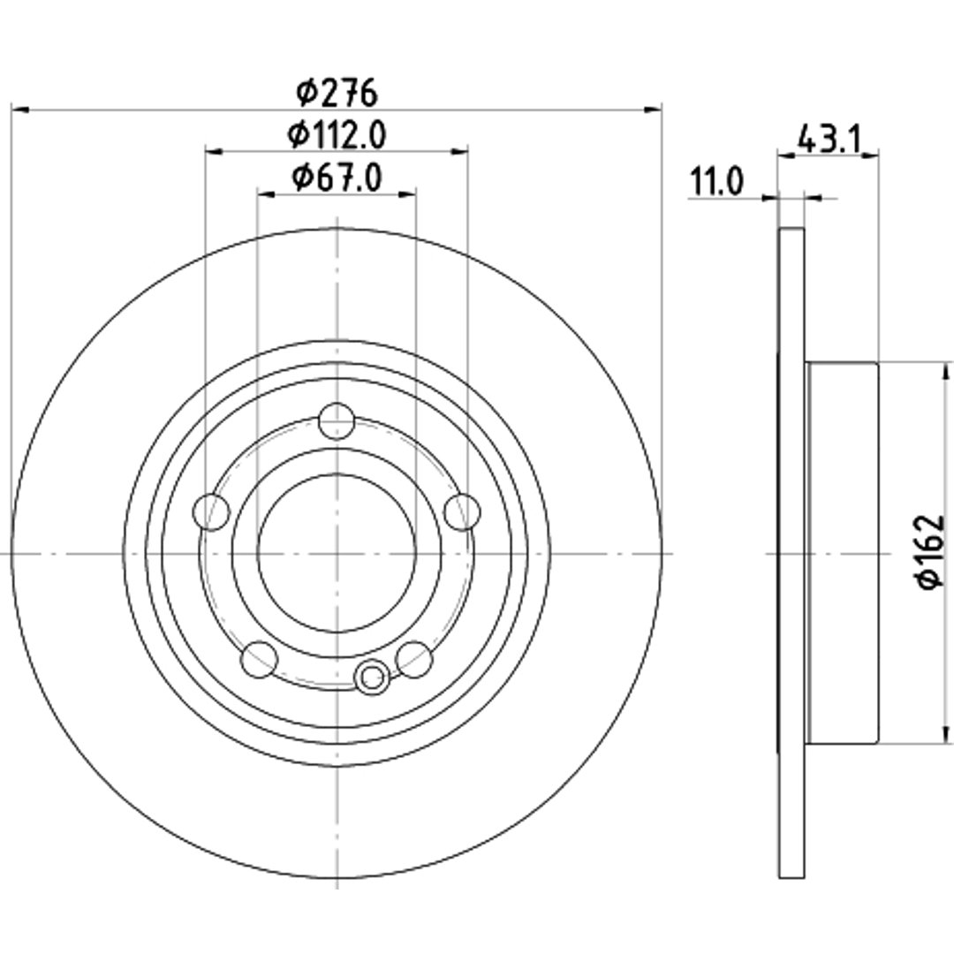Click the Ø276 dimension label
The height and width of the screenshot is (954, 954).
337,93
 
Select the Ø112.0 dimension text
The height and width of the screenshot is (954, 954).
337,134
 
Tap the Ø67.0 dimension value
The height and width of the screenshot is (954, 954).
337,178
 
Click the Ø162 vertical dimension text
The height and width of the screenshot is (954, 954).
932,552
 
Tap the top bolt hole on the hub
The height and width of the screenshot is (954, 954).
337,421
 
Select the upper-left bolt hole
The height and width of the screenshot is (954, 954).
210,512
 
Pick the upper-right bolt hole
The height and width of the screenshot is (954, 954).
462,512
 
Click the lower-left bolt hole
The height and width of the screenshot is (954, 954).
260,659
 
